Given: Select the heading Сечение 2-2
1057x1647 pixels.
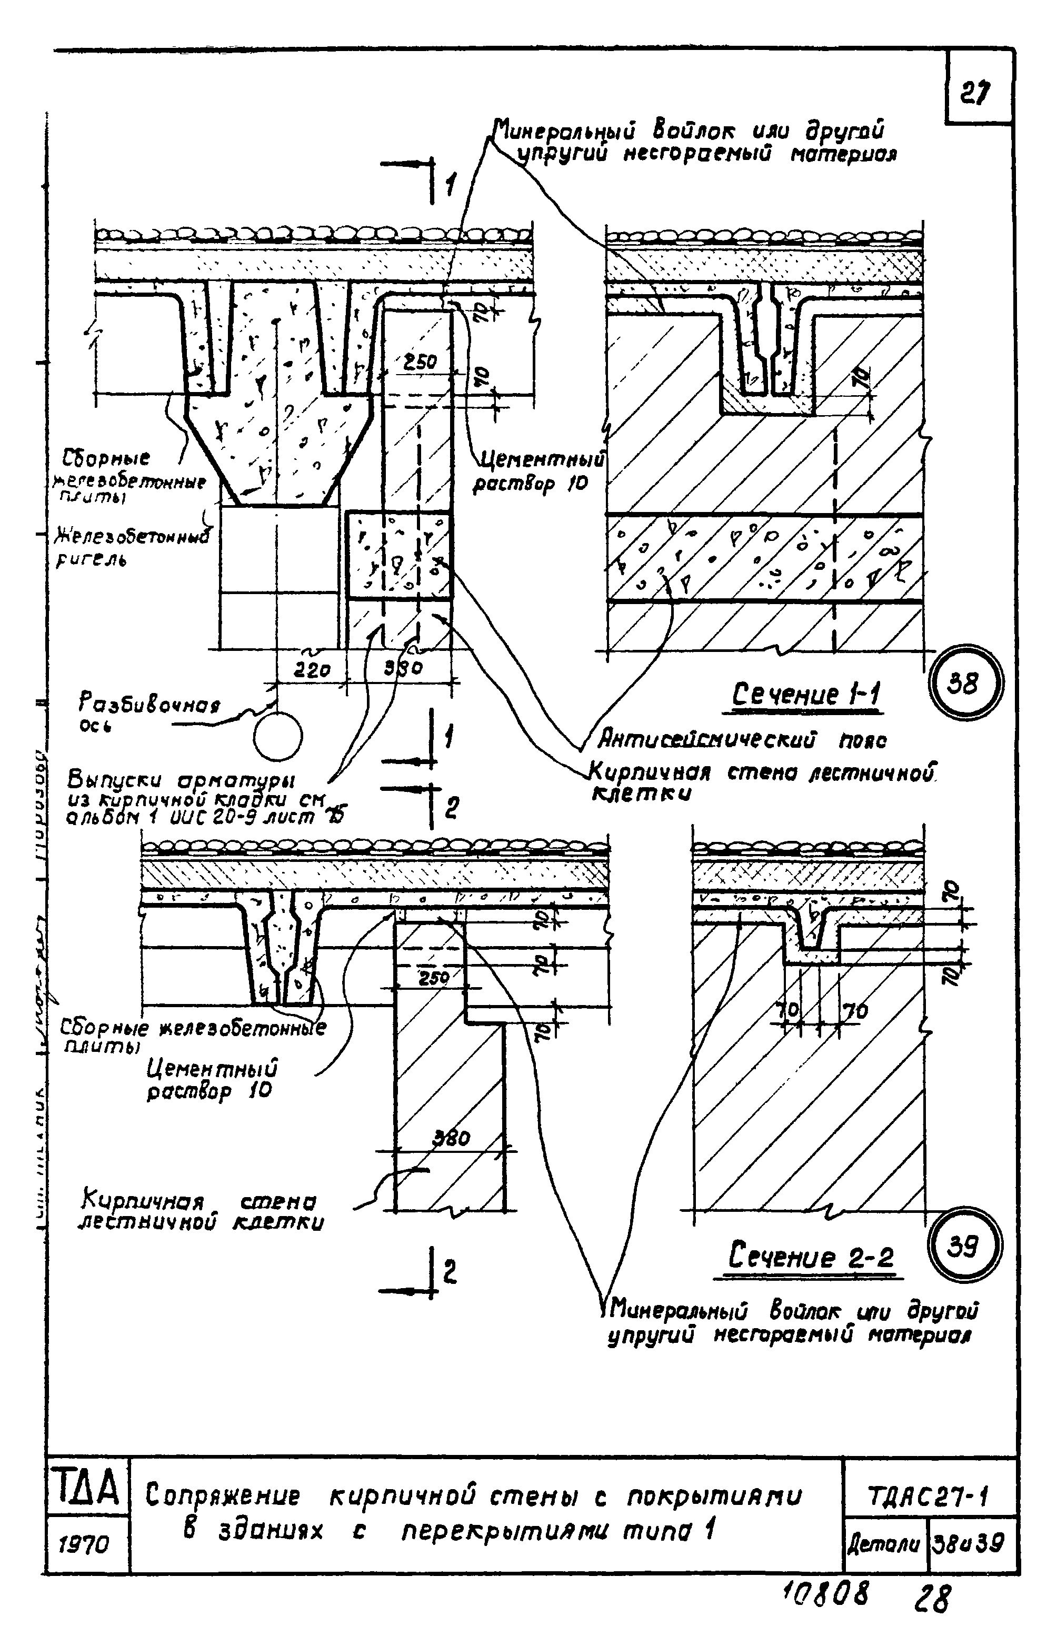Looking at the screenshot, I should point(811,1257).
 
